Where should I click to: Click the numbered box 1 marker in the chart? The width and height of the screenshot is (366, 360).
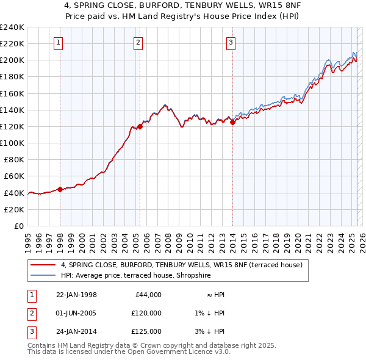click(x=58, y=42)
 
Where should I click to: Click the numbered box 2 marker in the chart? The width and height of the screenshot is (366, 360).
click(x=138, y=42)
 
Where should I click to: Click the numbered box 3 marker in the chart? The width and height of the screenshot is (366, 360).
click(x=231, y=42)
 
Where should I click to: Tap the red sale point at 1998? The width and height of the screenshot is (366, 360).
click(x=60, y=189)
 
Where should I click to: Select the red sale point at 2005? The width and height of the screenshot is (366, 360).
click(x=140, y=126)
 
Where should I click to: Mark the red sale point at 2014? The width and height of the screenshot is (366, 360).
click(x=233, y=122)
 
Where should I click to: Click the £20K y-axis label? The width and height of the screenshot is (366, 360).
click(x=14, y=209)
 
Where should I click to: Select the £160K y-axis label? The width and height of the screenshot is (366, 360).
click(x=12, y=93)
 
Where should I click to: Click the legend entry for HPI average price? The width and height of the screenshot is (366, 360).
click(x=135, y=276)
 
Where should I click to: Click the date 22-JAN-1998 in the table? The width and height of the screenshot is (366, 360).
click(x=76, y=295)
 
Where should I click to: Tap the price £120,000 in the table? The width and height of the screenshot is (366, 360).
click(x=146, y=313)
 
